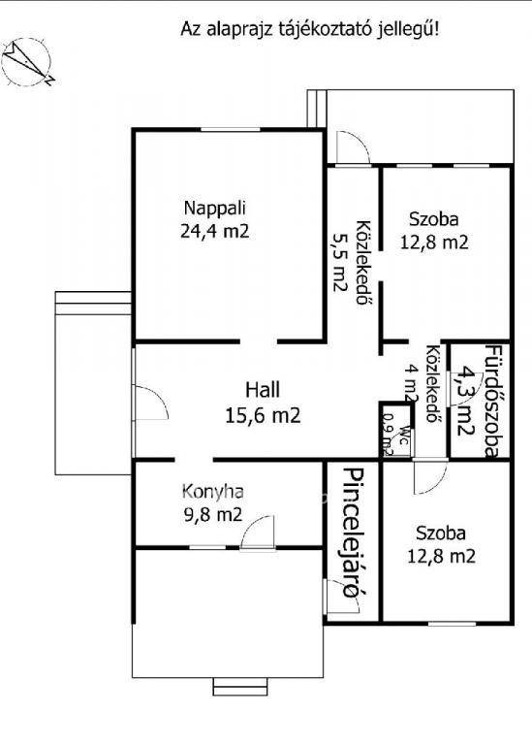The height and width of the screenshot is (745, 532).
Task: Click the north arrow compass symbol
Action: click(27, 63)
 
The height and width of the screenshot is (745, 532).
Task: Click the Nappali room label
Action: click(215, 209)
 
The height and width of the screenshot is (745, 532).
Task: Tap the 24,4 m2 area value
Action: click(215, 232)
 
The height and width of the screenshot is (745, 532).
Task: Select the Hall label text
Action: click(263, 390)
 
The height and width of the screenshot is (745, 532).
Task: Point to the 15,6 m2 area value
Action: click(263, 416)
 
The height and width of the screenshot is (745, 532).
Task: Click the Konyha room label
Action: click(213, 492)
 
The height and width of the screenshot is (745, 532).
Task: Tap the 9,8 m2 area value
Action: click(213, 514)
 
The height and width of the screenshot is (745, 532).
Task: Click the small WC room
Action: click(396, 431)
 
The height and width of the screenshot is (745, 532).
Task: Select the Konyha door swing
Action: click(258, 533)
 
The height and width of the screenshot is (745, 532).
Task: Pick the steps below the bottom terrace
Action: click(240, 686)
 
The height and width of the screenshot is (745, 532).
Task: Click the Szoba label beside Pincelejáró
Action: click(441, 534)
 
